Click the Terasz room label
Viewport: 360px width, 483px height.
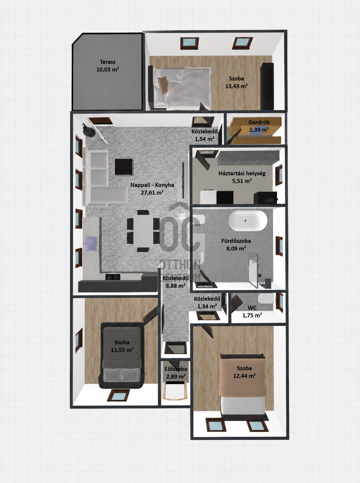click(108, 62)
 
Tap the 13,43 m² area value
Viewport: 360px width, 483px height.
click(236, 86)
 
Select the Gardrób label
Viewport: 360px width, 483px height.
click(259, 122)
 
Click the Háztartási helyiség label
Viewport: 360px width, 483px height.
click(242, 173)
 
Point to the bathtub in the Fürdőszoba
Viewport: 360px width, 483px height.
click(248, 221)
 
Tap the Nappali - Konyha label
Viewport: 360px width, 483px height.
click(152, 185)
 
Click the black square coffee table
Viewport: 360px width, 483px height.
click(124, 167)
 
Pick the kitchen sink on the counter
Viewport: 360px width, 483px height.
click(91, 243)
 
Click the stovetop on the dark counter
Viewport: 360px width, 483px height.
click(113, 277)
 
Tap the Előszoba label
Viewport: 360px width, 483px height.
click(176, 369)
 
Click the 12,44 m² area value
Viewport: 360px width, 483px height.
click(244, 376)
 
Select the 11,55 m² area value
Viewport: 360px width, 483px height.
click(122, 350)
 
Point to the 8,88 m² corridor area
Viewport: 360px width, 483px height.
click(176, 286)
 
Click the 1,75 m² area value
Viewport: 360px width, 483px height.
click(252, 315)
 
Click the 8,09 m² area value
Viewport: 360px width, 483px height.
click(236, 248)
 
